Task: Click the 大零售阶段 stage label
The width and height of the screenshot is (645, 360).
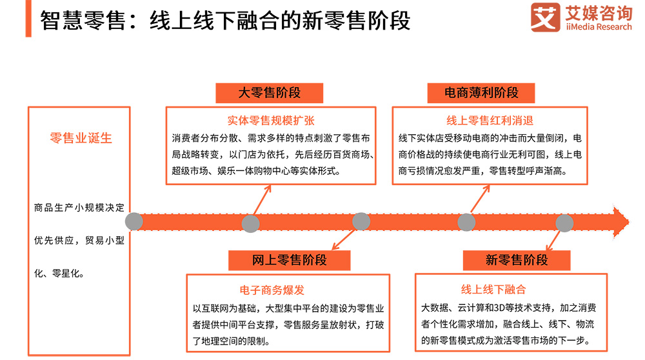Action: pos(270,92)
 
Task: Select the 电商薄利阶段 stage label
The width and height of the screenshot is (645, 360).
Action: pos(481,92)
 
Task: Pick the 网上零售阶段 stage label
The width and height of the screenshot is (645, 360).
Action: pos(290,260)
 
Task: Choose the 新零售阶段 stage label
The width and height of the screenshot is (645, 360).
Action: pos(517,260)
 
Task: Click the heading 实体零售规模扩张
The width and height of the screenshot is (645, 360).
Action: pos(271,121)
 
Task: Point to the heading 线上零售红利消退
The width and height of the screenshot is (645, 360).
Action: pos(490,121)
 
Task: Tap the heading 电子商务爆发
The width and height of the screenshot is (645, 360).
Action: pos(272,290)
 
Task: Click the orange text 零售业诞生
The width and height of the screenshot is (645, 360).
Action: pos(81,138)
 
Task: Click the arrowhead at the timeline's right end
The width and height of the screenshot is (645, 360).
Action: pos(620,221)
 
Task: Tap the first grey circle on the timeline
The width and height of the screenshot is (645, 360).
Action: pos(134,222)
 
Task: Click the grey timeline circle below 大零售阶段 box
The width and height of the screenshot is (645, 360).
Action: pos(250,223)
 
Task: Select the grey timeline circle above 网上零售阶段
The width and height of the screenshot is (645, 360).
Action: pos(361,221)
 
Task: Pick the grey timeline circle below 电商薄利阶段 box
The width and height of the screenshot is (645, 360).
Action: pos(466,222)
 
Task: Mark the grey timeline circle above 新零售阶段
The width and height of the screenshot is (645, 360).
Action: pos(564,223)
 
